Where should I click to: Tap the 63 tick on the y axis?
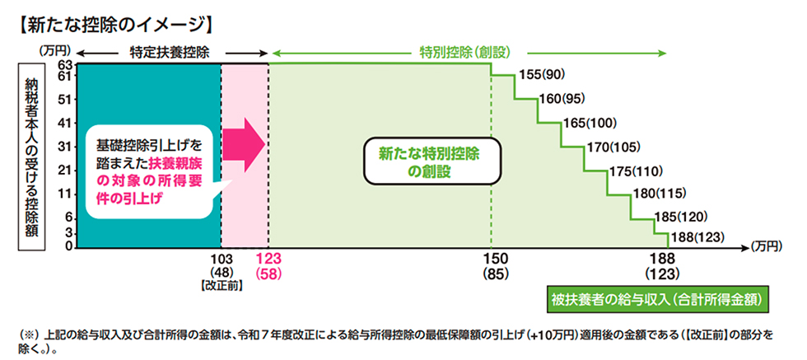[66, 64]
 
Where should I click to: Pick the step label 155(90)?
[542, 75]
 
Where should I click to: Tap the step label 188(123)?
[698, 237]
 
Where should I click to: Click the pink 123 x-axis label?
[268, 258]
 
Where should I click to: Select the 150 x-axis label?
[491, 258]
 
